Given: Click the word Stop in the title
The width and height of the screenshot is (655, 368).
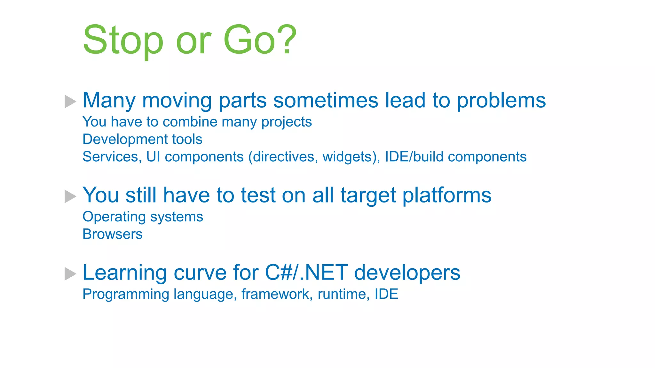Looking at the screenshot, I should (123, 41).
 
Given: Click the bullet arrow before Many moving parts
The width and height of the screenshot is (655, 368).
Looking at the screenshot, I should (70, 102).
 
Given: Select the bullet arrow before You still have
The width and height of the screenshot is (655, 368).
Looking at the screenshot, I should (70, 196).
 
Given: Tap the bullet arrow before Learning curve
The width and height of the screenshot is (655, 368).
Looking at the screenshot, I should (70, 274).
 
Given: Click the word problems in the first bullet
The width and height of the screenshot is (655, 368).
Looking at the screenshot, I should (501, 101).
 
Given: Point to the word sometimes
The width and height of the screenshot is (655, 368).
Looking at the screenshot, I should (326, 100).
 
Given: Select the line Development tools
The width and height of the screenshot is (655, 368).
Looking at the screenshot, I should (142, 140).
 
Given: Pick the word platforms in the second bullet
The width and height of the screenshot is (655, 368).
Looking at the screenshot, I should (446, 195).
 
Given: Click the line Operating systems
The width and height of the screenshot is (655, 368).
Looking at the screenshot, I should (143, 217).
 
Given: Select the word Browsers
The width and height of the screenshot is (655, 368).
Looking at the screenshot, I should (112, 234).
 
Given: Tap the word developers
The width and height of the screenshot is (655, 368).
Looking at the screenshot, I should (407, 273).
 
